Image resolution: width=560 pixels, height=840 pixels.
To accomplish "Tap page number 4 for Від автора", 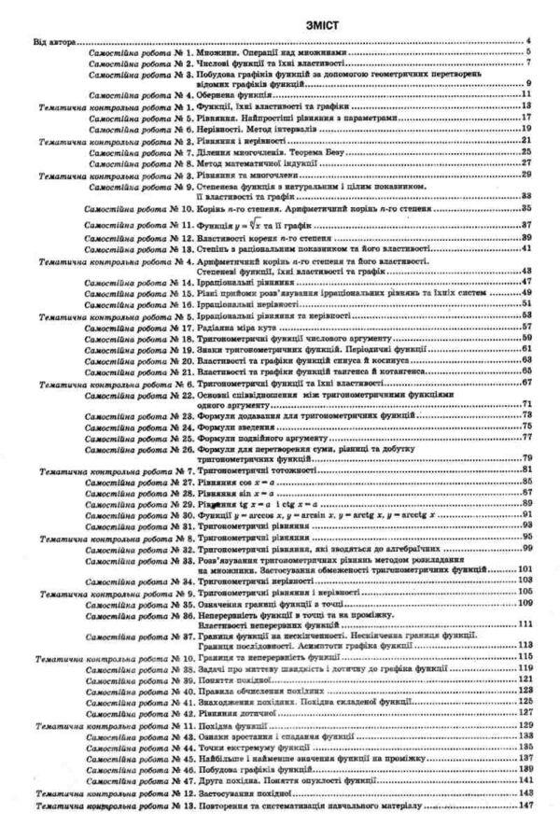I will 528,42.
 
